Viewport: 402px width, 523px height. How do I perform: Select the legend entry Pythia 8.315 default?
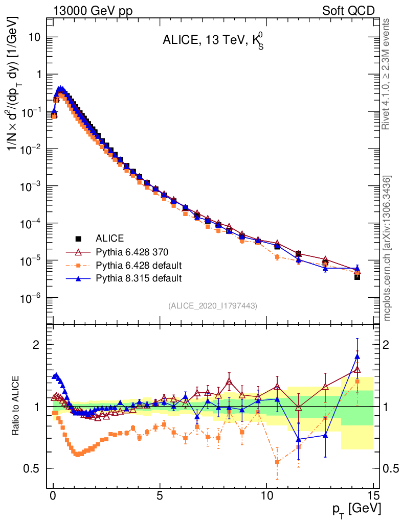138,278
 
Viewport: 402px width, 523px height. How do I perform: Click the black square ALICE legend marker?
79,239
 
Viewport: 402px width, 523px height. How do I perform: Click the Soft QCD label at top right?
348,11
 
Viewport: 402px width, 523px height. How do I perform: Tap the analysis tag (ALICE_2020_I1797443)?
212,305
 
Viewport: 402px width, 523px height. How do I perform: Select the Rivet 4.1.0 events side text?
387,74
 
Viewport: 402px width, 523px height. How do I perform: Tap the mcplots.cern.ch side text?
387,249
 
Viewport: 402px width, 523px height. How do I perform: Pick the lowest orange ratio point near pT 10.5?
277,462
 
